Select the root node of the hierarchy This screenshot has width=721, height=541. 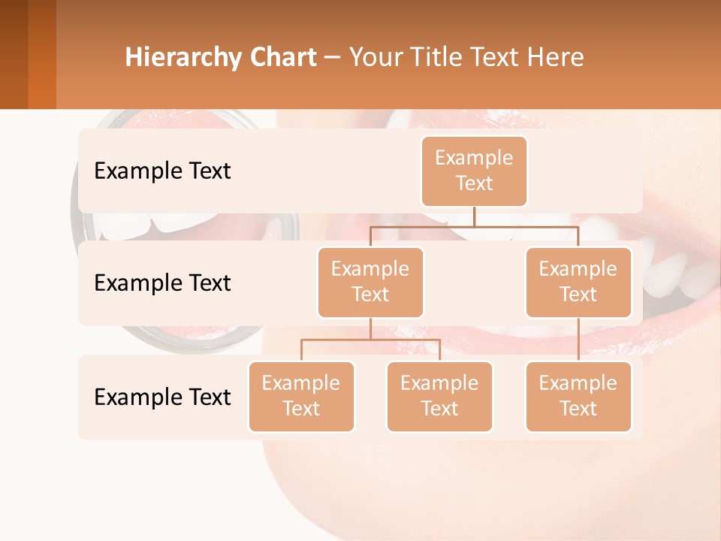[x=474, y=171]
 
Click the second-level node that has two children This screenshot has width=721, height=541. [x=370, y=282]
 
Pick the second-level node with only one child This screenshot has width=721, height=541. [x=578, y=282]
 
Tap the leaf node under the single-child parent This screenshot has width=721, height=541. [x=578, y=396]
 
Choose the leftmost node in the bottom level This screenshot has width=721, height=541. [x=301, y=396]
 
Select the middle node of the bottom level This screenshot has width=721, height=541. [x=439, y=396]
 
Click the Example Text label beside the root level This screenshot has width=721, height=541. [x=162, y=171]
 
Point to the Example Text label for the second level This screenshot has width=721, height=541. [x=162, y=283]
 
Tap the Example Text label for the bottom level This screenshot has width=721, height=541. [x=162, y=397]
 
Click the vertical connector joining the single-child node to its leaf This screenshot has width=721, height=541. [x=578, y=340]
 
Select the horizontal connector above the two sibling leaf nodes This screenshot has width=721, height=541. [x=370, y=340]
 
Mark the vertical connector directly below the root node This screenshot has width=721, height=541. [x=474, y=216]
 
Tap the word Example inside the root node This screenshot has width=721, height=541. [x=474, y=158]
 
